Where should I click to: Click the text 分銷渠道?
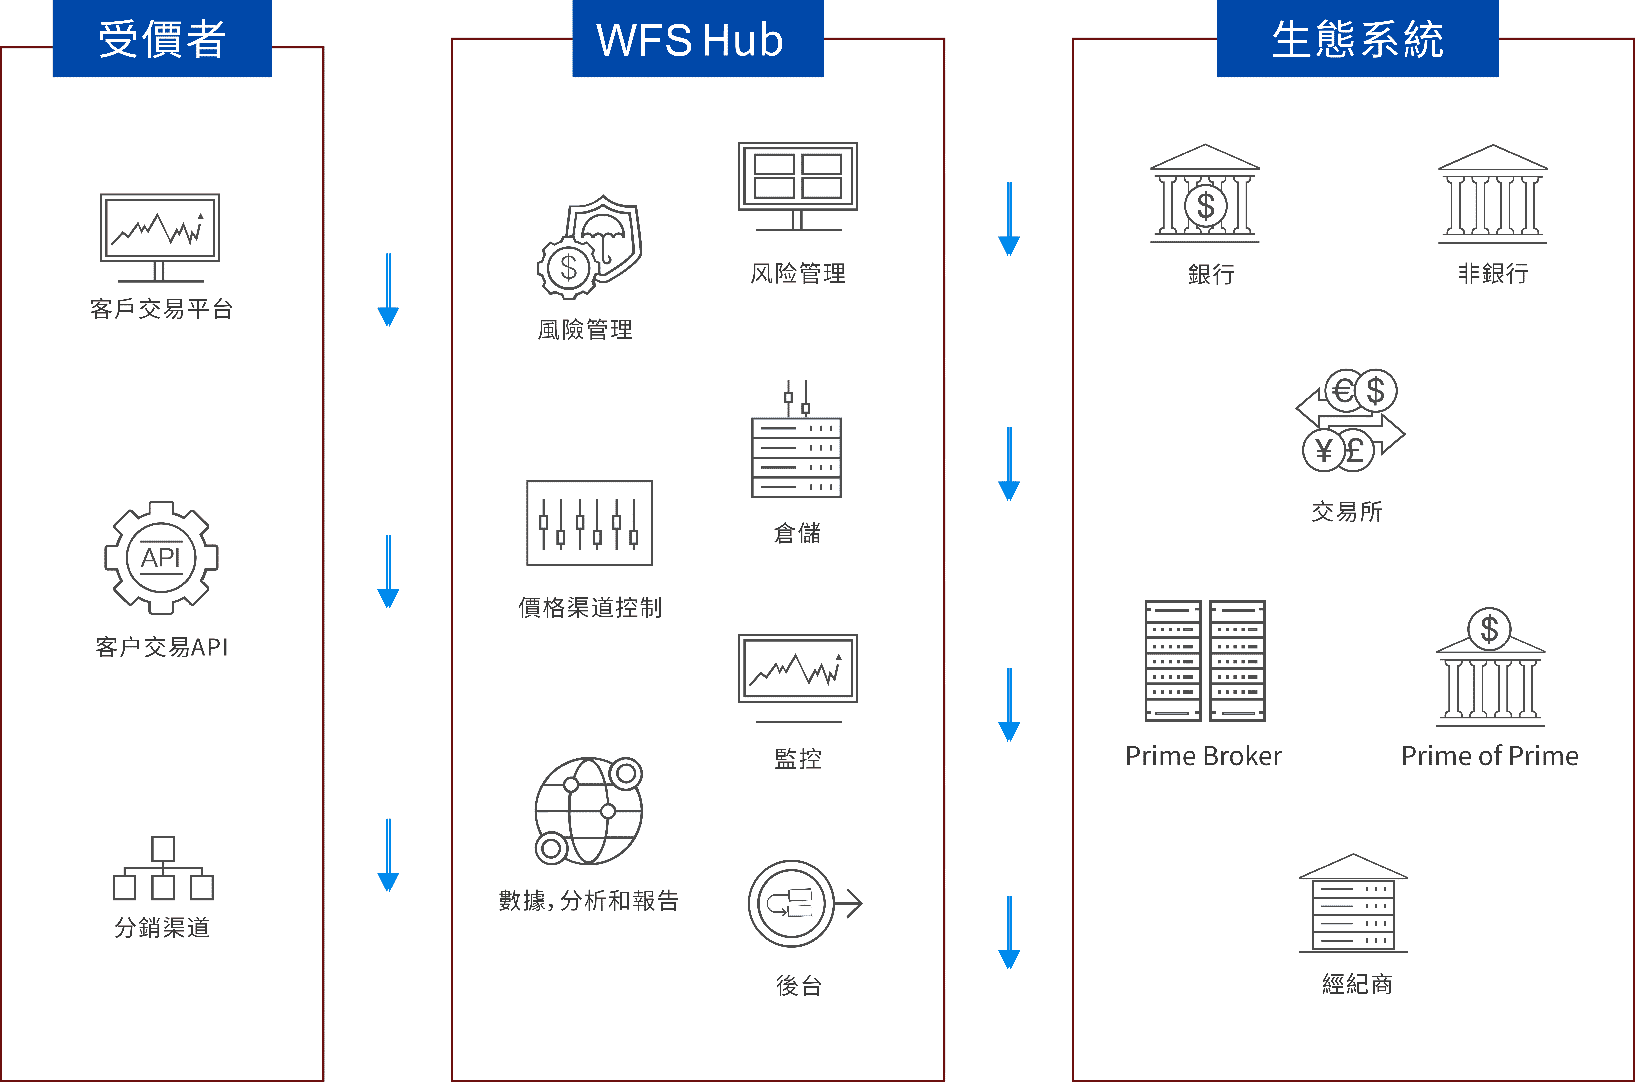[x=162, y=927]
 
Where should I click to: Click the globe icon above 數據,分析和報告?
[x=588, y=811]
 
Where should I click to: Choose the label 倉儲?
[x=797, y=533]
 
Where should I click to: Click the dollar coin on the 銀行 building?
[x=1205, y=206]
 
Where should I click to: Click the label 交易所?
[x=1347, y=511]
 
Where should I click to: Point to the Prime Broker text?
[x=1204, y=756]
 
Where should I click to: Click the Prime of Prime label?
[x=1489, y=756]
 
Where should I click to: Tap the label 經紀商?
[x=1356, y=983]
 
